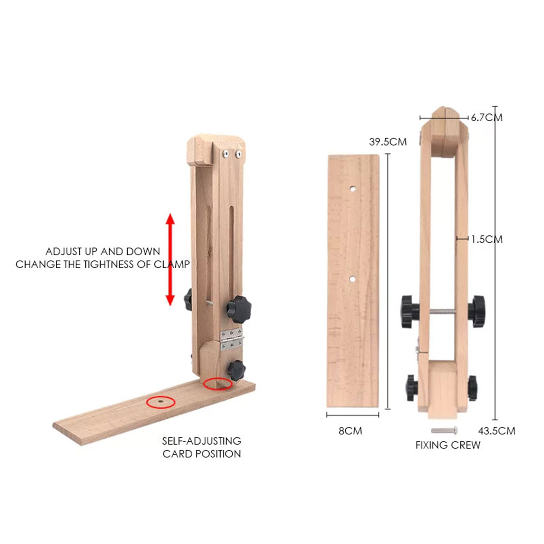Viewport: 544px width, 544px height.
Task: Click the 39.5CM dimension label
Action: pyautogui.click(x=388, y=142)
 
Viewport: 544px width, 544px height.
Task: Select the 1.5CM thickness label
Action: pyautogui.click(x=487, y=240)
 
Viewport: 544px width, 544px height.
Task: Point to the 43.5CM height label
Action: pyautogui.click(x=496, y=431)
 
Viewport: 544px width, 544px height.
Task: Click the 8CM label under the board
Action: pyautogui.click(x=350, y=431)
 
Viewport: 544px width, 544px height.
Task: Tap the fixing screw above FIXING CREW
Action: pyautogui.click(x=444, y=430)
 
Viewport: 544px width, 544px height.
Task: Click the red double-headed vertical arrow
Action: pyautogui.click(x=170, y=260)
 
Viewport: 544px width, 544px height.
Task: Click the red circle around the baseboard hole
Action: pyautogui.click(x=161, y=402)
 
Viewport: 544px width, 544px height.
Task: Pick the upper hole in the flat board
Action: pyautogui.click(x=352, y=189)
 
